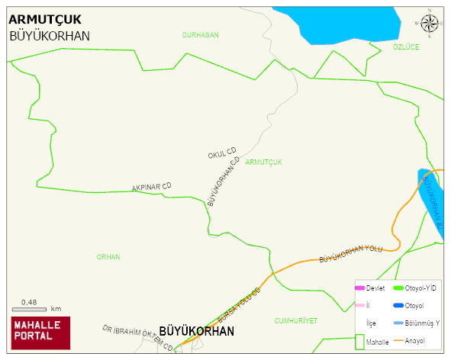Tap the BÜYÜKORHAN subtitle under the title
coord(50,36)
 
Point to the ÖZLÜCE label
coord(406,47)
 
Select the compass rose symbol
coord(430,24)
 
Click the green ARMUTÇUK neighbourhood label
coord(265,162)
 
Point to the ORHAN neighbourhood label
coord(108,257)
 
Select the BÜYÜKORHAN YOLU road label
coord(350,254)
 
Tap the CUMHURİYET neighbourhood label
coord(295,321)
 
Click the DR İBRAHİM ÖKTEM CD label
coord(137,338)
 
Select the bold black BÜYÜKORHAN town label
coord(196,332)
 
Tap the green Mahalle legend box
coord(360,343)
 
